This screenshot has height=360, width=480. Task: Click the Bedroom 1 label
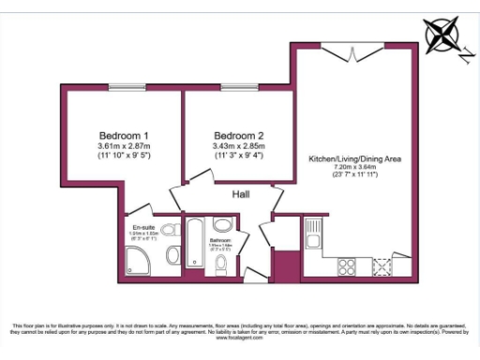coord(124,134)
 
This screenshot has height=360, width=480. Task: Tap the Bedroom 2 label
coord(239,134)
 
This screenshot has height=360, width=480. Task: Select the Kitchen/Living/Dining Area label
coord(355,160)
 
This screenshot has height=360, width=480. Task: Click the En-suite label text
coord(142,227)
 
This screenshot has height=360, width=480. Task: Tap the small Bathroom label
coord(220,241)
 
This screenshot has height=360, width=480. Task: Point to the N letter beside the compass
coord(463,58)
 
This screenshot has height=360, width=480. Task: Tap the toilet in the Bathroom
coord(221,265)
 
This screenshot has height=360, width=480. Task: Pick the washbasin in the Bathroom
coord(223,224)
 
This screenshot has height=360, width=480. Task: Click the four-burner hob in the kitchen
coord(346,266)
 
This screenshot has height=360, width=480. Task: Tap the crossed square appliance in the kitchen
coord(382,266)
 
